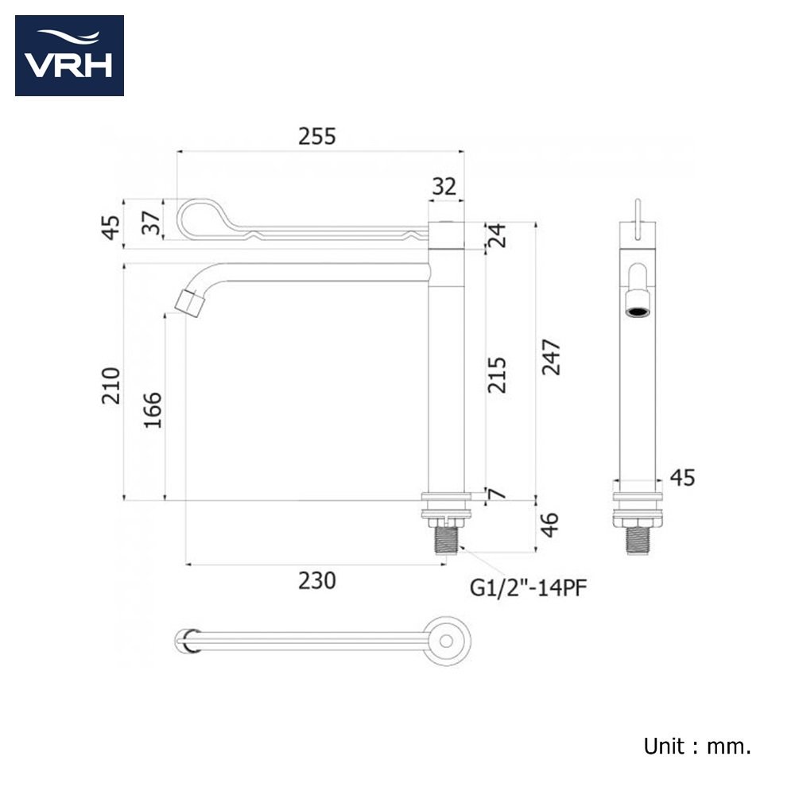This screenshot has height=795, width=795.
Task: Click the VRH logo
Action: coord(69,56)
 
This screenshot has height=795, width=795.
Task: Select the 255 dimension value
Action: coord(317,137)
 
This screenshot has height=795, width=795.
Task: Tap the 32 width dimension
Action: coord(444,187)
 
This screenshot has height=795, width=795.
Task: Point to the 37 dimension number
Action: coord(151,223)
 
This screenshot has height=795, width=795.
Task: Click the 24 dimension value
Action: coord(497,235)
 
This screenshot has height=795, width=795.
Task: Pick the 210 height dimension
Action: coord(111,386)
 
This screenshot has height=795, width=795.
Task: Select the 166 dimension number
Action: coord(153,410)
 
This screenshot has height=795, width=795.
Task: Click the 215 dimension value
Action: coord(497,375)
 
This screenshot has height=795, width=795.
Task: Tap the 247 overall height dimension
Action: coord(551,358)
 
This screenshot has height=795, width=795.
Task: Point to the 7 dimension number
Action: coord(498,494)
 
